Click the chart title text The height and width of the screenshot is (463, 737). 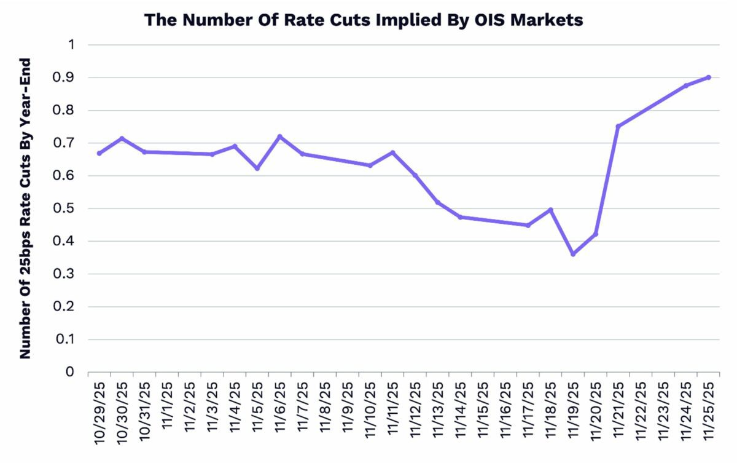pyautogui.click(x=364, y=20)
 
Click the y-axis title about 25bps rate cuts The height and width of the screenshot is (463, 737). pyautogui.click(x=25, y=208)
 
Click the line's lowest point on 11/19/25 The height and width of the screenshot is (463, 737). pyautogui.click(x=573, y=254)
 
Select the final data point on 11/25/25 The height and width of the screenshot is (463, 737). pyautogui.click(x=709, y=77)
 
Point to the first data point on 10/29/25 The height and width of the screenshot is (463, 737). pyautogui.click(x=99, y=153)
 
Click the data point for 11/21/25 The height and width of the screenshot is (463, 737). pyautogui.click(x=618, y=126)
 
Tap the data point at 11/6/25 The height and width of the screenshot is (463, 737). pyautogui.click(x=279, y=137)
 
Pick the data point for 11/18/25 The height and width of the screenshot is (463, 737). pyautogui.click(x=550, y=210)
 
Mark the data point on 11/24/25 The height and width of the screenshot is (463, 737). pyautogui.click(x=686, y=85)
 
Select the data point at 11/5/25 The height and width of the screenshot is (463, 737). pyautogui.click(x=257, y=168)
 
